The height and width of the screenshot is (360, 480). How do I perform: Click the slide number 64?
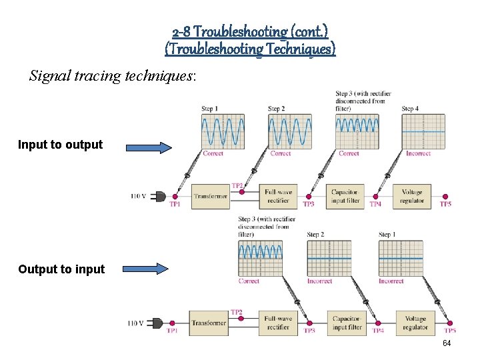tap(447, 343)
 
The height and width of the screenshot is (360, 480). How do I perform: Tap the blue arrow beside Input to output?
tap(147, 147)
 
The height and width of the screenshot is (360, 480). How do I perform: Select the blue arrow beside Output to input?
tap(147, 269)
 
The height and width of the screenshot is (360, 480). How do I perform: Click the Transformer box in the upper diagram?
tap(210, 196)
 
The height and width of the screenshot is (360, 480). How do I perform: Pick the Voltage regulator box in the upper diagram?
tap(412, 196)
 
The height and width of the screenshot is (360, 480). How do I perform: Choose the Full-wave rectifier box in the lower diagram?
tap(278, 323)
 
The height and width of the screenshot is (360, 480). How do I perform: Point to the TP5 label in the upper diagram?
tap(445, 205)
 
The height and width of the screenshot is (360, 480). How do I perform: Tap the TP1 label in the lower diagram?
tap(172, 331)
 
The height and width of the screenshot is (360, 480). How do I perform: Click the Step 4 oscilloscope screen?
tap(423, 131)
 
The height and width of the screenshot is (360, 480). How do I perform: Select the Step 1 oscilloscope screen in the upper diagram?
tap(223, 131)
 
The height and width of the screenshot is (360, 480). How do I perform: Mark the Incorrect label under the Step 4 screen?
tap(418, 154)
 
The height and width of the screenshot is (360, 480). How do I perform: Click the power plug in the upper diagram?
tap(159, 196)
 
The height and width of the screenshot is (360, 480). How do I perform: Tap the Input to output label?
tap(60, 145)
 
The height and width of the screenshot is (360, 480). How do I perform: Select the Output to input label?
tap(61, 269)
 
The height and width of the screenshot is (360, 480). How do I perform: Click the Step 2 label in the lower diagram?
tap(315, 235)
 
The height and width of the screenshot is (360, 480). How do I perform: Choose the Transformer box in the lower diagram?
tap(209, 323)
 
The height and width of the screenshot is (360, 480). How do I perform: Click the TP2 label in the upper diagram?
tap(237, 186)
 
